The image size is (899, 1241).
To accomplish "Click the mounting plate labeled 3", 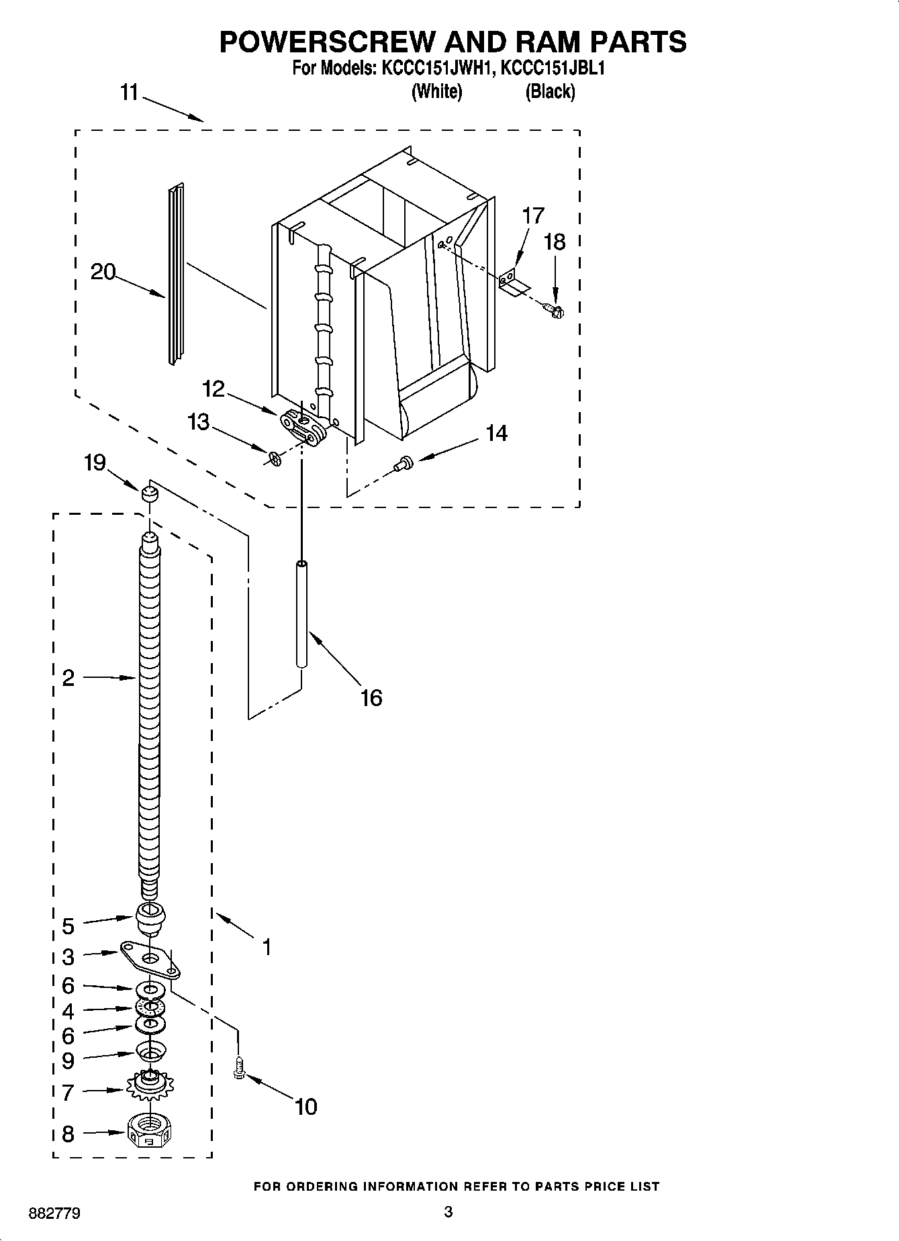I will pyautogui.click(x=152, y=957).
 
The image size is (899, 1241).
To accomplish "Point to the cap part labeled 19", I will pyautogui.click(x=149, y=495).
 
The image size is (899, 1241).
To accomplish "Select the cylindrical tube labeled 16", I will pyautogui.click(x=302, y=614).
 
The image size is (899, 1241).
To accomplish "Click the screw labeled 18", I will pyautogui.click(x=554, y=310).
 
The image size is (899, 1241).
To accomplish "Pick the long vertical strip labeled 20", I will pyautogui.click(x=176, y=275).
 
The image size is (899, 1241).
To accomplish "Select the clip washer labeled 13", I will pyautogui.click(x=273, y=458).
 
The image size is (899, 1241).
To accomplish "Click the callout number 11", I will pyautogui.click(x=129, y=93).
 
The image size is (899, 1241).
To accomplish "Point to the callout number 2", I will pyautogui.click(x=68, y=678).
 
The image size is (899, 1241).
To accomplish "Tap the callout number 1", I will pyautogui.click(x=267, y=947).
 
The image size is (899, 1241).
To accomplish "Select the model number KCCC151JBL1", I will pyautogui.click(x=553, y=68).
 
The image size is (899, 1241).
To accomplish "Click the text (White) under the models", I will pyautogui.click(x=436, y=91).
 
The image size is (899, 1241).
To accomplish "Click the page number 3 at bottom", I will pyautogui.click(x=448, y=1211).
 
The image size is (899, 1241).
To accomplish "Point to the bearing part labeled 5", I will pyautogui.click(x=150, y=918).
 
